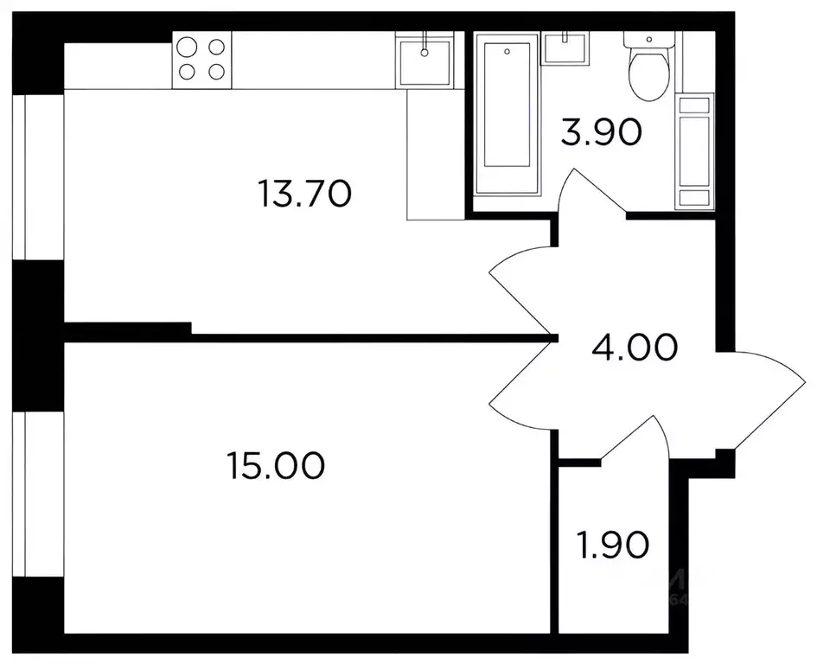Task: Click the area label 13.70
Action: [x=303, y=194]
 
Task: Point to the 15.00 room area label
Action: [x=276, y=467]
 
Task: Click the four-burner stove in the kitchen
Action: [x=201, y=58]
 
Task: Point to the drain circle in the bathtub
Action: [x=507, y=51]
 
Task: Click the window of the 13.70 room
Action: [x=35, y=173]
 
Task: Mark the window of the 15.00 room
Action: [x=35, y=493]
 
